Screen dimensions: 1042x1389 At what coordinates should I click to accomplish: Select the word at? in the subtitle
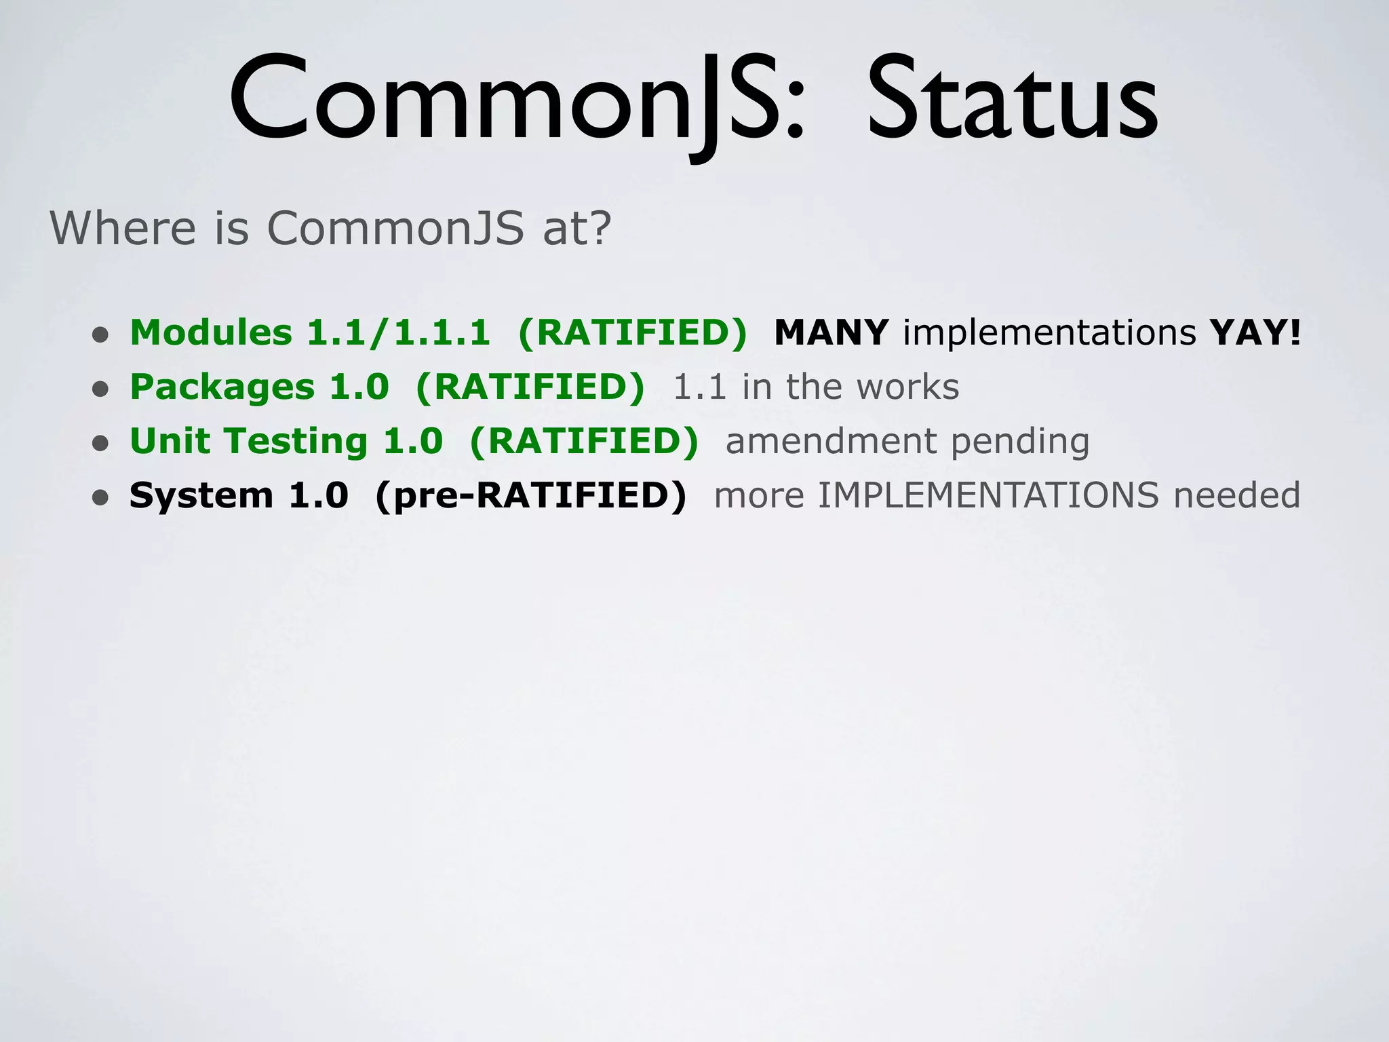(x=577, y=229)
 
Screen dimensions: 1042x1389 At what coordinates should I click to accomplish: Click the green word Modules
(x=211, y=332)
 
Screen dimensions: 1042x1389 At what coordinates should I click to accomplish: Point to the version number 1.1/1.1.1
(x=399, y=332)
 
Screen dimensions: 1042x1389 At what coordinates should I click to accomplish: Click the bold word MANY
(x=831, y=332)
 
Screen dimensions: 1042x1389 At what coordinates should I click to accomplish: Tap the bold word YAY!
(x=1255, y=332)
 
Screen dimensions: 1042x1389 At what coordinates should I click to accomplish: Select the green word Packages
(x=222, y=387)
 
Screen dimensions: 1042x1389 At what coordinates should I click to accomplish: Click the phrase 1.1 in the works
(x=816, y=387)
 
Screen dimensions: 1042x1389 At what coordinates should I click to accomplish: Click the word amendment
(x=831, y=442)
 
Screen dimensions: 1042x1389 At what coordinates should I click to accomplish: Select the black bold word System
(x=201, y=496)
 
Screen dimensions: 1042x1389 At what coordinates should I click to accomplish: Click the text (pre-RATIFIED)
(x=530, y=496)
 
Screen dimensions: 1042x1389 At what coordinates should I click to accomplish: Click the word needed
(x=1237, y=496)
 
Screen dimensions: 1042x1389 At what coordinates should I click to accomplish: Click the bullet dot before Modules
(x=100, y=335)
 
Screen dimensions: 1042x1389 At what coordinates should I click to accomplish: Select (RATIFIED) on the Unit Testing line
(x=583, y=442)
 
